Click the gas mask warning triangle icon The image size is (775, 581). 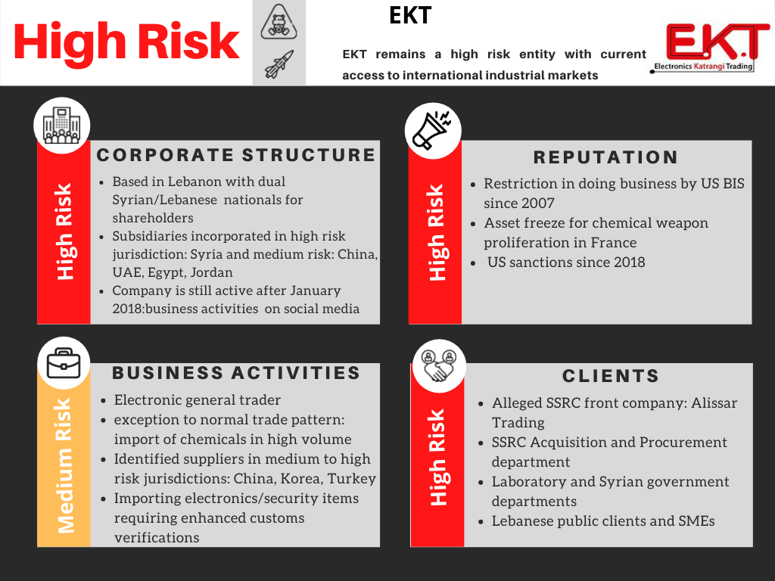click(x=279, y=23)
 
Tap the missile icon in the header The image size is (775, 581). click(x=279, y=64)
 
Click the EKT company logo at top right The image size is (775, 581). click(x=710, y=48)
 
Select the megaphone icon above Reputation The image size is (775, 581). click(x=432, y=130)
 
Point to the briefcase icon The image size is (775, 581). click(x=64, y=363)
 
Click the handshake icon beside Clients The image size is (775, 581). click(x=438, y=365)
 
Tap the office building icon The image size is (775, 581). click(x=61, y=126)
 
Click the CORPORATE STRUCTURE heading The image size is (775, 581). click(x=236, y=154)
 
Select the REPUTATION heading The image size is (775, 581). click(x=605, y=157)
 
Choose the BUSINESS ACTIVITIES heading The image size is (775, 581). click(x=236, y=372)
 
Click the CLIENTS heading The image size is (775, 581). click(x=611, y=375)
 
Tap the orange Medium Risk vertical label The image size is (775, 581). click(x=65, y=465)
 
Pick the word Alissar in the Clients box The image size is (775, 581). click(x=714, y=402)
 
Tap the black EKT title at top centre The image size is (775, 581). click(x=410, y=15)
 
